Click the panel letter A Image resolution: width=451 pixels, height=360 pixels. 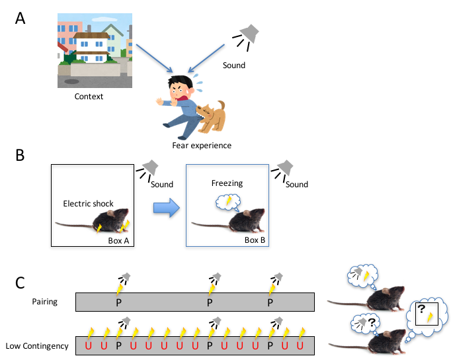tap(21, 18)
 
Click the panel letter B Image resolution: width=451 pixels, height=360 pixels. tap(20, 156)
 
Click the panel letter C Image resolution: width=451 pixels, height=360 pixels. tap(20, 283)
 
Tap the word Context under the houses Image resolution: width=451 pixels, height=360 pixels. tap(89, 97)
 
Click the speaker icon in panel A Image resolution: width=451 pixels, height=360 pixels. tap(249, 34)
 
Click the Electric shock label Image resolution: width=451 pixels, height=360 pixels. tap(89, 203)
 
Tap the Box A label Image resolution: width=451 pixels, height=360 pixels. tap(120, 240)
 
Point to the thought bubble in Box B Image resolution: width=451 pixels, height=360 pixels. tap(229, 201)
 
